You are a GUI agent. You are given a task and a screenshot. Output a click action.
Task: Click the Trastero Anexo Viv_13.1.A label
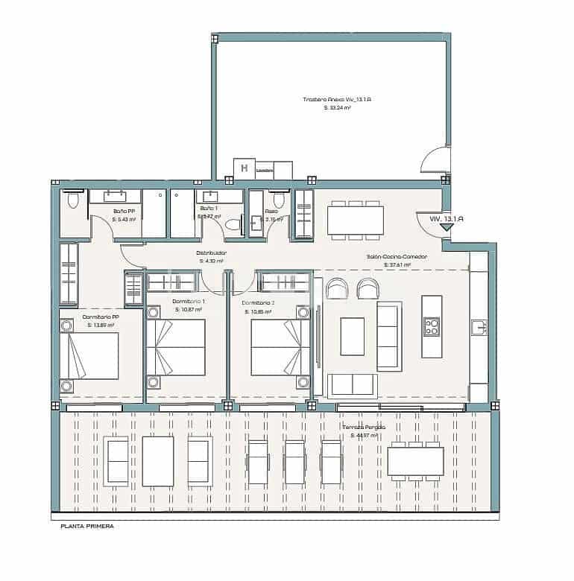point(337,99)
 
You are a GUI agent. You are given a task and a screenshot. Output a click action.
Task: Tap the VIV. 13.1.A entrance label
point(447,219)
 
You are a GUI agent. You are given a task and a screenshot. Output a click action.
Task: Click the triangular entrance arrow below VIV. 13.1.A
point(446,227)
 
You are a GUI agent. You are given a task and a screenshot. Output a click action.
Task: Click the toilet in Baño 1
point(233,223)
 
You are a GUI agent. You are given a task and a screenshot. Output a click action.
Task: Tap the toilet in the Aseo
point(279,200)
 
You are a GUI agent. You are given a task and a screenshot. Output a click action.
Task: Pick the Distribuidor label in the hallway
point(211,253)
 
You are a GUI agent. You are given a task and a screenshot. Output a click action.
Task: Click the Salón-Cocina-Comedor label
point(396,256)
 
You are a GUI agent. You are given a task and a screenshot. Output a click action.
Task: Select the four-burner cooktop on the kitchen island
point(432,326)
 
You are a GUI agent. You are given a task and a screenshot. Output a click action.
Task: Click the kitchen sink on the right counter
point(478,326)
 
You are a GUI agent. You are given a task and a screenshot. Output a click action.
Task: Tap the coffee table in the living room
point(352,337)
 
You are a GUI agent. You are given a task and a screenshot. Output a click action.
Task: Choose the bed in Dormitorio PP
point(89,356)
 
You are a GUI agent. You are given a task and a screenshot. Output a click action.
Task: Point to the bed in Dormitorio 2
point(280,348)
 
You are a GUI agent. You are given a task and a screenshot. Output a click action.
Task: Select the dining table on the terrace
point(415,462)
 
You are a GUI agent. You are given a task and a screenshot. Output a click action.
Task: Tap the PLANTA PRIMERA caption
point(87,526)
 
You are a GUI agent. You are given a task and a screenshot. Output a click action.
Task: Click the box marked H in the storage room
point(244,168)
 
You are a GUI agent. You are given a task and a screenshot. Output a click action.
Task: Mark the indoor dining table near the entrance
point(355,220)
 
